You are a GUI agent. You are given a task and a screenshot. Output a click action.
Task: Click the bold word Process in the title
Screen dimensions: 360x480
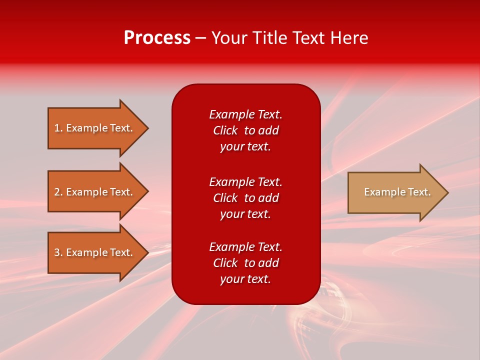pyautogui.click(x=157, y=38)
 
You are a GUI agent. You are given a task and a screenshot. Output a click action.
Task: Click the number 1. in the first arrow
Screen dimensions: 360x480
pyautogui.click(x=58, y=128)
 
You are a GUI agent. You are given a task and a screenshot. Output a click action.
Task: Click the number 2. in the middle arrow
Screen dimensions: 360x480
pyautogui.click(x=58, y=192)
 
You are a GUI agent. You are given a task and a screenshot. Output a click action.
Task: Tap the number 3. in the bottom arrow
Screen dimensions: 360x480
pyautogui.click(x=58, y=252)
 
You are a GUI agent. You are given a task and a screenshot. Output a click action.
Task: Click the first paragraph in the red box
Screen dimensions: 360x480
pyautogui.click(x=245, y=130)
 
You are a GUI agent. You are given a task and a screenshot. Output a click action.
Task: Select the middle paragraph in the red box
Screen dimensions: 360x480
pyautogui.click(x=245, y=198)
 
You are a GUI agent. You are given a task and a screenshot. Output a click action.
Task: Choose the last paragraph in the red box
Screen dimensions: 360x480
pyautogui.click(x=245, y=263)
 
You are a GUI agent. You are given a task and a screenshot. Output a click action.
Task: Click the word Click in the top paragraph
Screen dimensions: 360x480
pyautogui.click(x=225, y=130)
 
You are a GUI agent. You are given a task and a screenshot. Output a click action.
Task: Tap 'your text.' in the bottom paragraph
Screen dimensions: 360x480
pyautogui.click(x=245, y=279)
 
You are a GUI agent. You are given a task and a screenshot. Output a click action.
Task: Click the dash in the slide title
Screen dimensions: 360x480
pyautogui.click(x=201, y=38)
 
